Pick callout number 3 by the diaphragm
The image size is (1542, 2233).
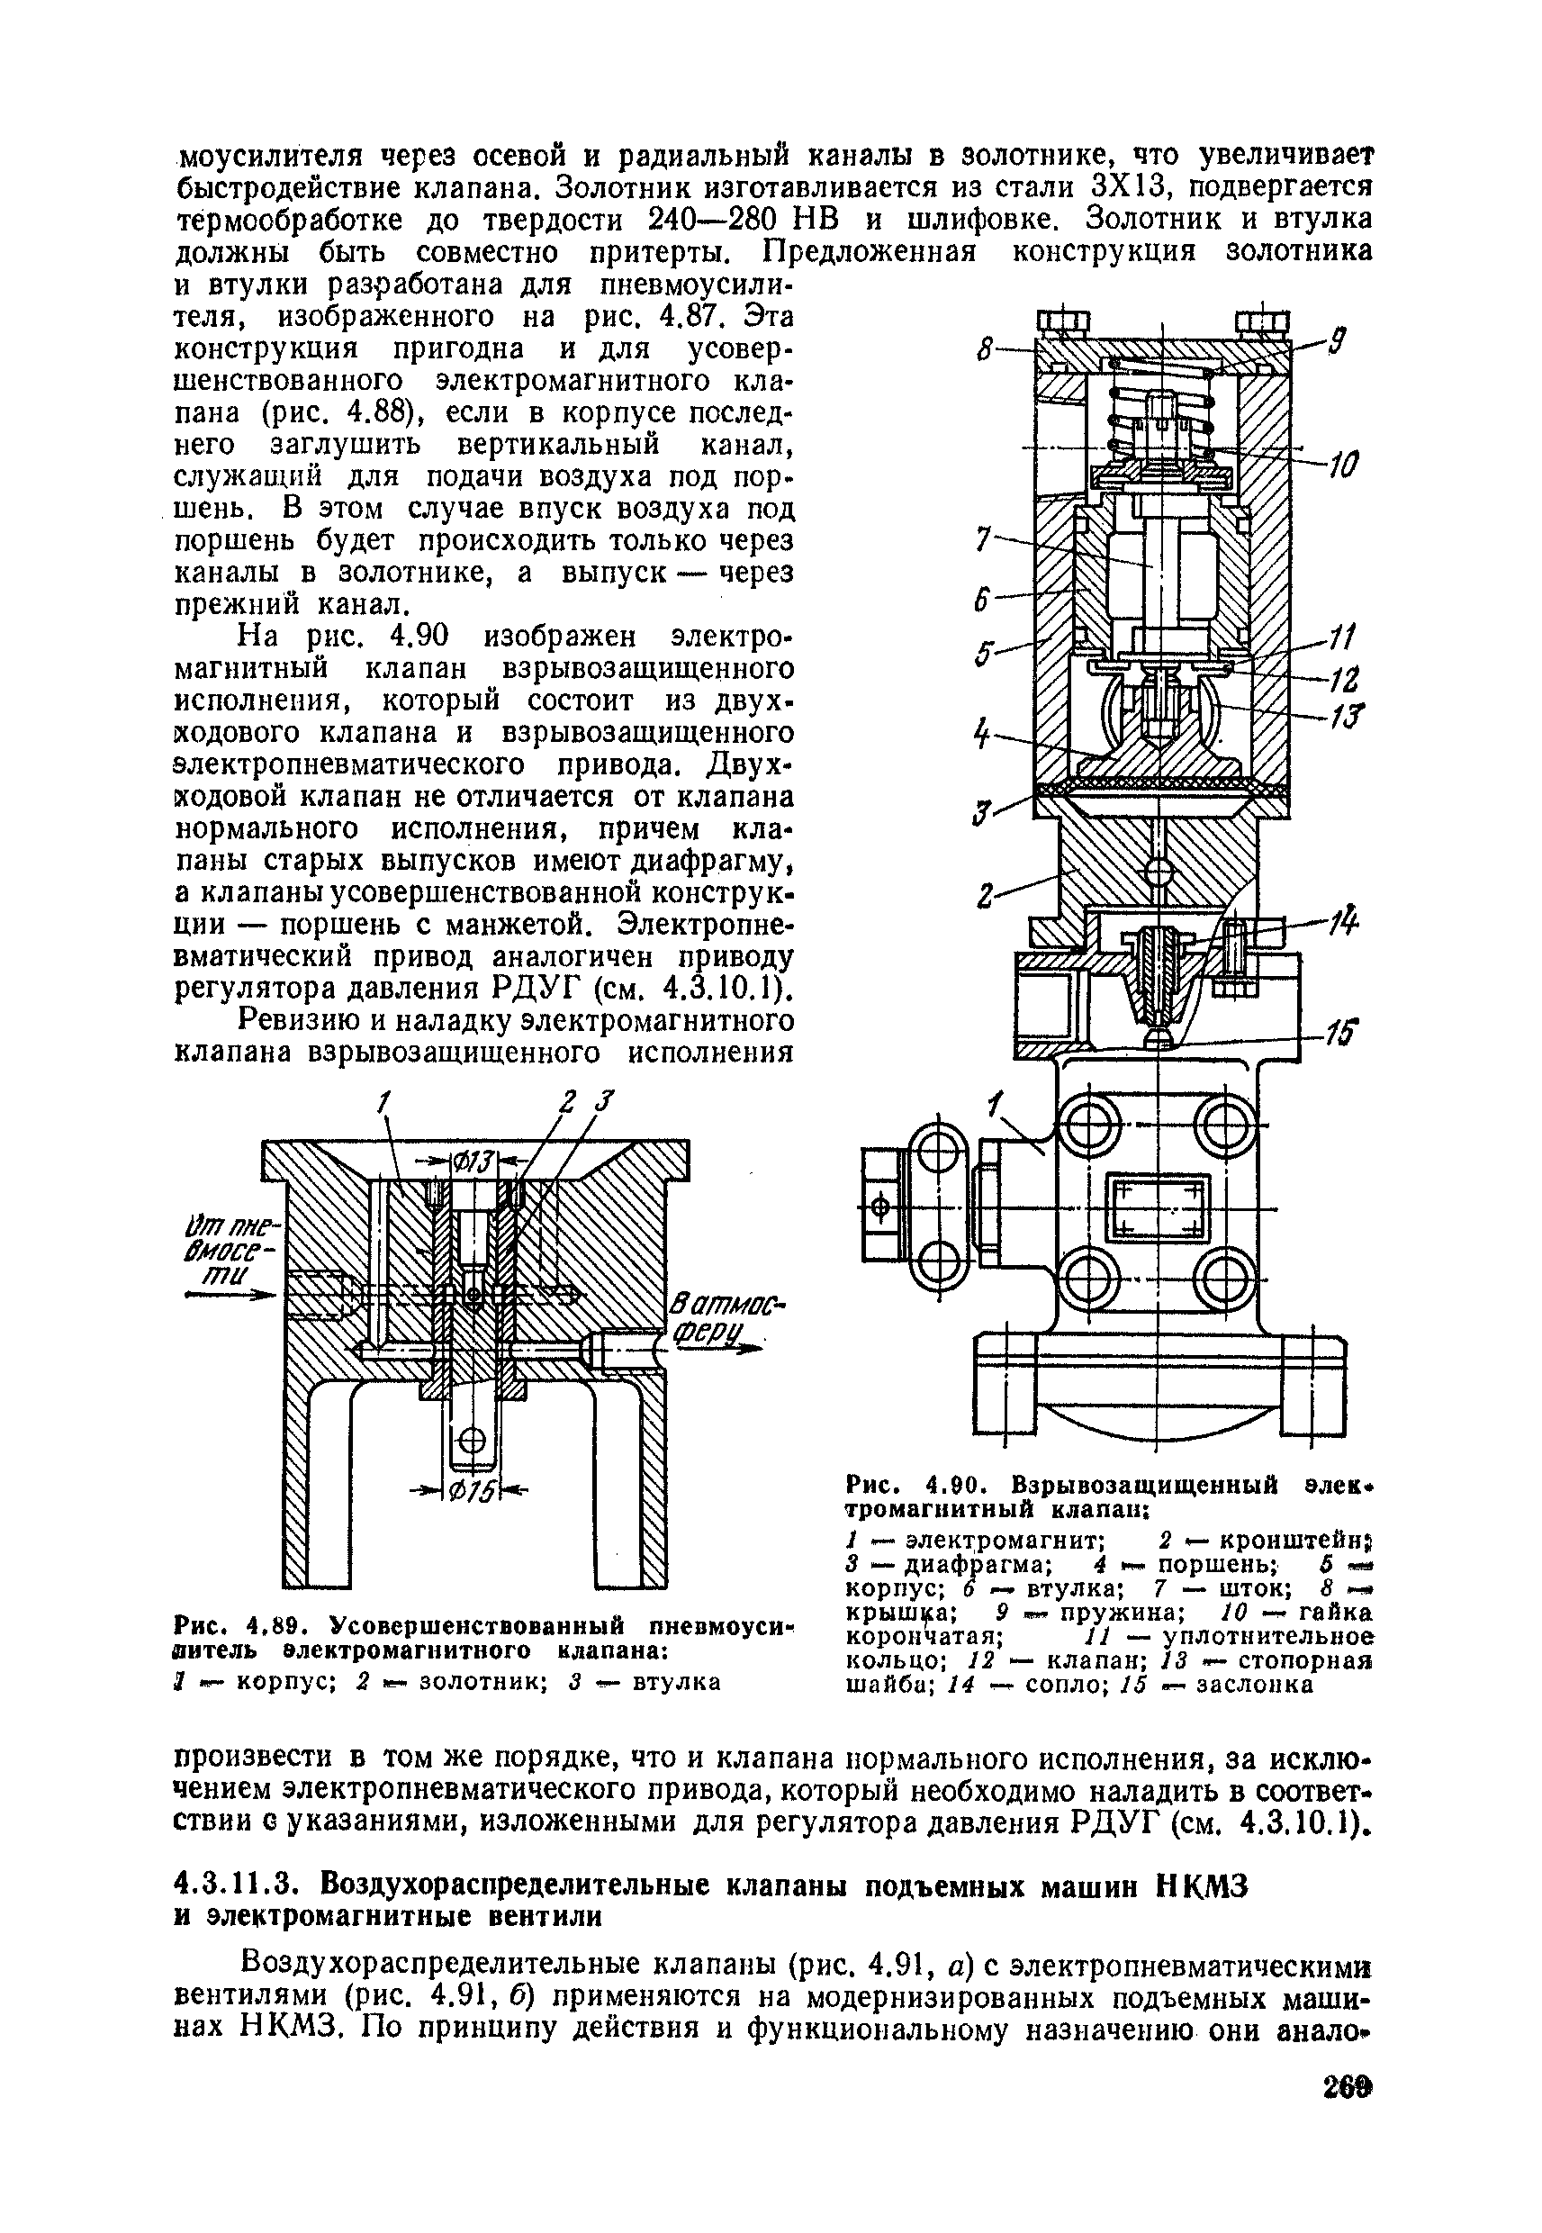(x=979, y=813)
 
